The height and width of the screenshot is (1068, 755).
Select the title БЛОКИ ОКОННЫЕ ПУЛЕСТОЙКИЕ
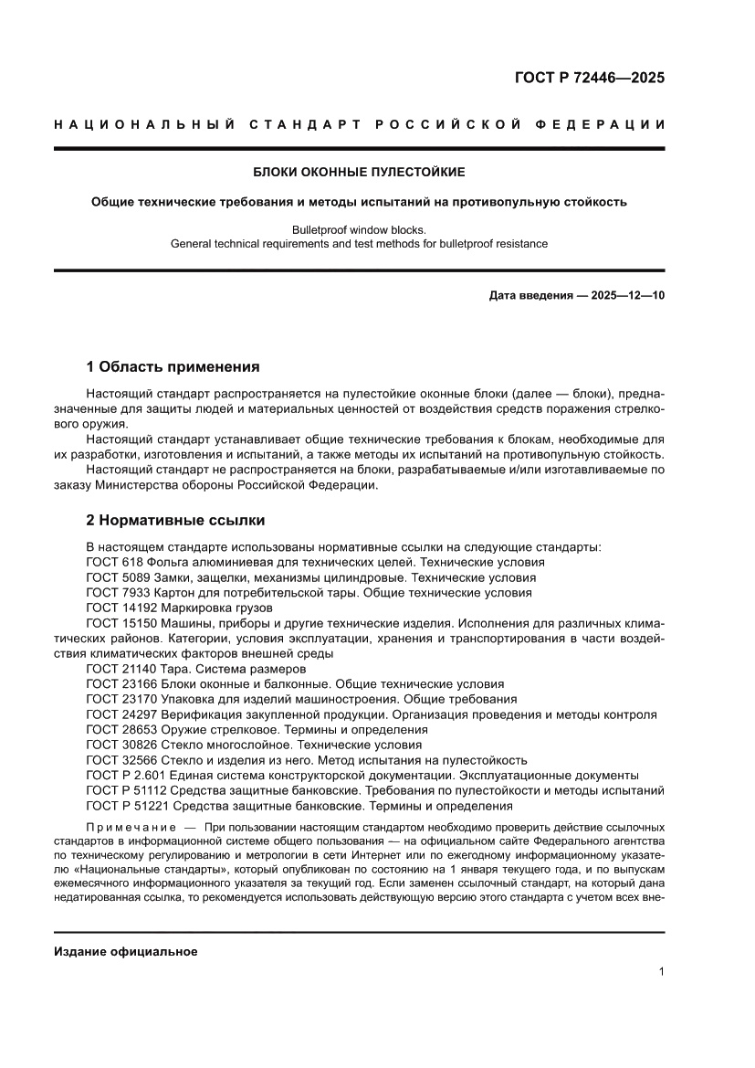click(359, 172)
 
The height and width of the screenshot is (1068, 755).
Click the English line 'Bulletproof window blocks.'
click(359, 229)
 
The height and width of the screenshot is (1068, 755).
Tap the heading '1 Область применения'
click(173, 366)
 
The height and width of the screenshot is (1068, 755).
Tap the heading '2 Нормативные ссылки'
click(175, 520)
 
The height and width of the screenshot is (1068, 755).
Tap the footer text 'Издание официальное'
click(126, 952)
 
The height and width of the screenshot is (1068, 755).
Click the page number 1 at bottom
click(661, 972)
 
